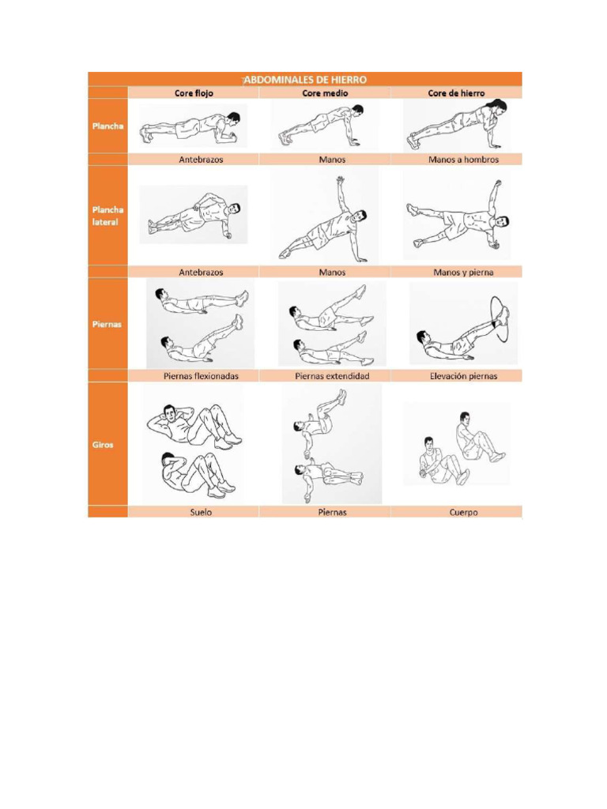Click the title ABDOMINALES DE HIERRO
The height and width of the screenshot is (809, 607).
pyautogui.click(x=304, y=79)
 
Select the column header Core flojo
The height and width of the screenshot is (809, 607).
pyautogui.click(x=194, y=92)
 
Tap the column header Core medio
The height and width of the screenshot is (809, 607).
pyautogui.click(x=325, y=92)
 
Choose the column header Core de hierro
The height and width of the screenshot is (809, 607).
pyautogui.click(x=456, y=92)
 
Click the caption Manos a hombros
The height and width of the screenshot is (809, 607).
pyautogui.click(x=456, y=159)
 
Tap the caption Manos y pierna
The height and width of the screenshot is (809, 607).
pyautogui.click(x=456, y=272)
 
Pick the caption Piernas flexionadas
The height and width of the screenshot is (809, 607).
pyautogui.click(x=201, y=376)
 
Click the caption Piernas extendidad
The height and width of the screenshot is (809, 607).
pyautogui.click(x=332, y=376)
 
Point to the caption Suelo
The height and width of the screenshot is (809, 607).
pyautogui.click(x=201, y=512)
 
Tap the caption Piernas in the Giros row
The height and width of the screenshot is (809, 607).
pyautogui.click(x=331, y=512)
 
